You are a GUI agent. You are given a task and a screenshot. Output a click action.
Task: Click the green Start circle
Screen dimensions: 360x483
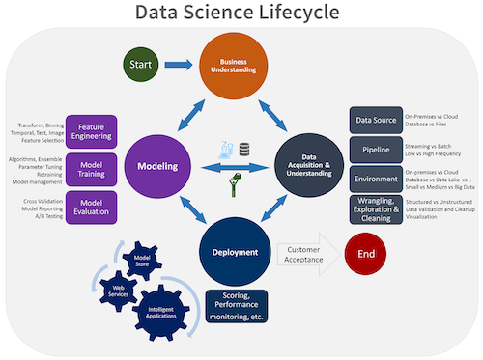141,65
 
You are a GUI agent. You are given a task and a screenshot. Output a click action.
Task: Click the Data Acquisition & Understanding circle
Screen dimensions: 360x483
311,166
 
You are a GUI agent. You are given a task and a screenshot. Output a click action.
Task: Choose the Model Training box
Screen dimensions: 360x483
95,166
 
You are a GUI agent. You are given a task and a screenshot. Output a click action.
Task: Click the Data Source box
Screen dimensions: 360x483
374,121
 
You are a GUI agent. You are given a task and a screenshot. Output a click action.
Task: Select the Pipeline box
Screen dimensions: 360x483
374,150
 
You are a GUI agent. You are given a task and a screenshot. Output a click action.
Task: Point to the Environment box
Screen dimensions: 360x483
374,179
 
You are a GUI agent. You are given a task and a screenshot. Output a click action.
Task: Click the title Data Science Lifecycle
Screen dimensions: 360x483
237,14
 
